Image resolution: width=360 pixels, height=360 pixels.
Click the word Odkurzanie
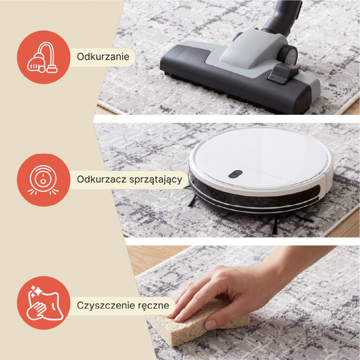103,57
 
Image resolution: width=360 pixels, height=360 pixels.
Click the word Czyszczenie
105,306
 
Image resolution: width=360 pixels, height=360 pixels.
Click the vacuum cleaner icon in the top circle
43,58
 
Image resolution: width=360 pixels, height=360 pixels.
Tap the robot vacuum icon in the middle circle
43,180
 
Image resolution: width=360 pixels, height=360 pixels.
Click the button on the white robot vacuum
235,174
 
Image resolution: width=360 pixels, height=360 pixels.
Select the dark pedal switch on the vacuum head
282,73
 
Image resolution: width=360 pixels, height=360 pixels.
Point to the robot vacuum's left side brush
192,200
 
